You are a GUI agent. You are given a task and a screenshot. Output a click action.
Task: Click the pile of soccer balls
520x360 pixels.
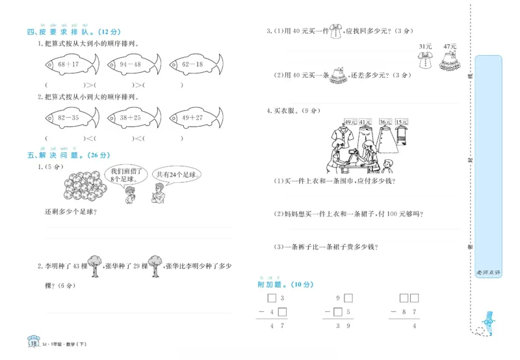[x=84, y=185]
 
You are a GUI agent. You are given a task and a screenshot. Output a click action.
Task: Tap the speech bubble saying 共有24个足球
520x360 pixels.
[x=176, y=175]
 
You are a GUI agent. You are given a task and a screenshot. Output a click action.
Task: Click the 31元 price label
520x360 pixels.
[x=425, y=47]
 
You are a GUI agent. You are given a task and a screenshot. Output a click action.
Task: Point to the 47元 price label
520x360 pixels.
[x=449, y=47]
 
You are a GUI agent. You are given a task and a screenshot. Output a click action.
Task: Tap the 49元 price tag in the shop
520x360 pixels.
[x=349, y=122]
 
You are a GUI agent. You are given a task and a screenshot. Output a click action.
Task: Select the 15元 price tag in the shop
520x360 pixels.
[x=401, y=122]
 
